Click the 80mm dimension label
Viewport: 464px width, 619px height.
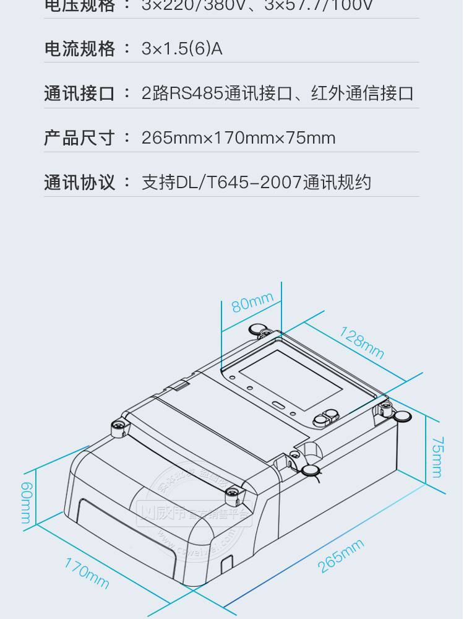[x=252, y=303]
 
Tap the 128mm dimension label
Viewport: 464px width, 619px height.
[x=361, y=342]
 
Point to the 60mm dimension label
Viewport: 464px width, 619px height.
[x=26, y=503]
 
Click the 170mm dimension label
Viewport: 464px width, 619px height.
[x=87, y=572]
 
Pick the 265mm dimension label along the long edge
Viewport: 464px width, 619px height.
[x=340, y=556]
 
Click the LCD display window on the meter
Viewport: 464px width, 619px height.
[x=290, y=379]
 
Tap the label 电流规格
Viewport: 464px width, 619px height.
[x=79, y=49]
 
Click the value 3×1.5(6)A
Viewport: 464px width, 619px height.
[x=182, y=49]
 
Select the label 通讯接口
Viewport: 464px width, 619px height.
[x=79, y=93]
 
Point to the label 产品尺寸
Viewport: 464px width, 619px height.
[x=79, y=137]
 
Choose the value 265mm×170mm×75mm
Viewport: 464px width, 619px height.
[x=238, y=137]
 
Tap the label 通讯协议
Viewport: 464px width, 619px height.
[x=79, y=183]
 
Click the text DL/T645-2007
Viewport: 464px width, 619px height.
[x=240, y=183]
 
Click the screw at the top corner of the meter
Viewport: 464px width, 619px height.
[x=257, y=329]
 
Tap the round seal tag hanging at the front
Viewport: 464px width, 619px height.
[x=309, y=472]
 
